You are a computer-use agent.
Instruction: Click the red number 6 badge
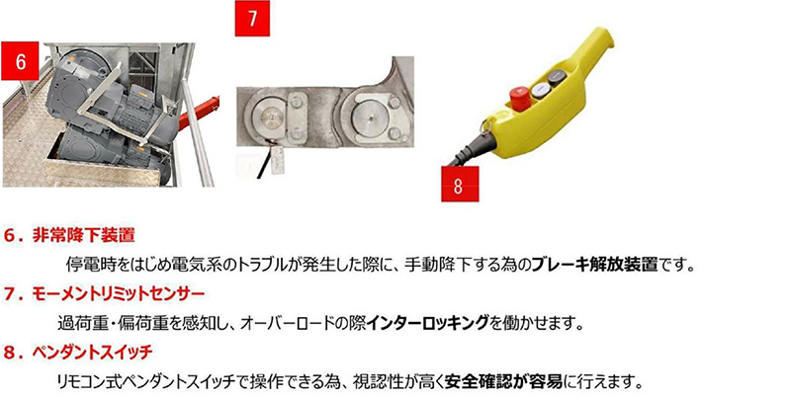point(20,61)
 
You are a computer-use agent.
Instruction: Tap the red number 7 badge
point(252,19)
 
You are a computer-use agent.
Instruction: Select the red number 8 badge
point(460,184)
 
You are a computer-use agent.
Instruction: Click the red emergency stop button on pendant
point(520,98)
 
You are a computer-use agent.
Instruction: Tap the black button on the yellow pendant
point(558,78)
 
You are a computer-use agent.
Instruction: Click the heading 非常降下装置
point(84,235)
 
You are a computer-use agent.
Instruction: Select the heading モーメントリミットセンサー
point(118,294)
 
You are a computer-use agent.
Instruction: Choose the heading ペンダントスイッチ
point(92,353)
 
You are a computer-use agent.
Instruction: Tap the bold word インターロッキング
point(427,322)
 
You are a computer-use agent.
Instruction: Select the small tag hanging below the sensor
point(278,161)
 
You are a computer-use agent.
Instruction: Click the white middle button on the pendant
point(540,89)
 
